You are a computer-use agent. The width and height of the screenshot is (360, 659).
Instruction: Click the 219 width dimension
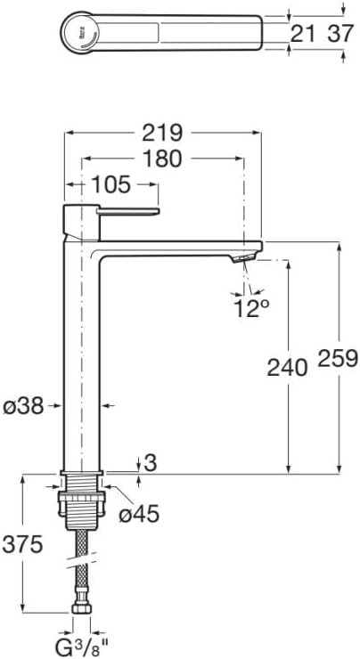(164, 133)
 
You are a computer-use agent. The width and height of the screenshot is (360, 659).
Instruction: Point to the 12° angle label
(251, 308)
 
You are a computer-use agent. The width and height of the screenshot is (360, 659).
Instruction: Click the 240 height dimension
(287, 366)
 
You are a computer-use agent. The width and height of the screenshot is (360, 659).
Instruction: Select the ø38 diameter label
(24, 406)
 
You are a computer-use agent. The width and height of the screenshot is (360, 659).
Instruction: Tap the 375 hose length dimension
(22, 545)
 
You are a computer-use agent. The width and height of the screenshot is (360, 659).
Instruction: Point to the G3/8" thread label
(80, 644)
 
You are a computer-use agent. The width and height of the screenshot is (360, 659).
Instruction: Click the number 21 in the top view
(304, 34)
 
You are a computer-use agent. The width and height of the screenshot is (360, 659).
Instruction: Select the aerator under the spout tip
(244, 257)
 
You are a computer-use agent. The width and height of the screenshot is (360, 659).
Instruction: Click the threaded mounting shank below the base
(82, 499)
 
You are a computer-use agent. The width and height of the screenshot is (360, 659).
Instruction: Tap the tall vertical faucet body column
(83, 356)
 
